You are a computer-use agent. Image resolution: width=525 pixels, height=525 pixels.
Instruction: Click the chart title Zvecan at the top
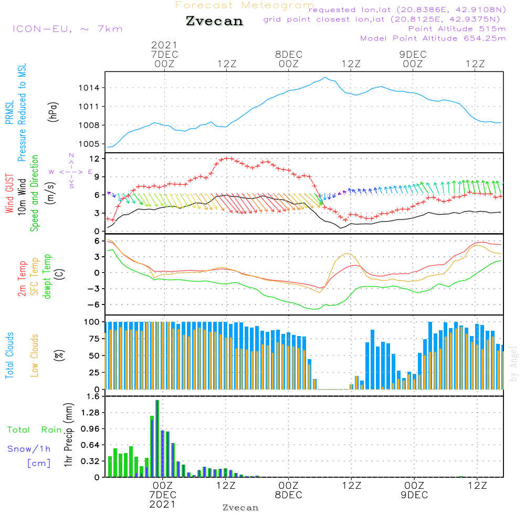tap(214, 21)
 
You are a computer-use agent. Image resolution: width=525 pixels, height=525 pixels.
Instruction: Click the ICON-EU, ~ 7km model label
tap(67, 29)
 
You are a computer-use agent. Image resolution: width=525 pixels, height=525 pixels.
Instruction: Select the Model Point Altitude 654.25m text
tap(433, 38)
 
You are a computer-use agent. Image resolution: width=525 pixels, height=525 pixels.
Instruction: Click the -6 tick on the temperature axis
tap(97, 304)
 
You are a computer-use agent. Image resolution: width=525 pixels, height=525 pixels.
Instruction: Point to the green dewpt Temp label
tap(47, 277)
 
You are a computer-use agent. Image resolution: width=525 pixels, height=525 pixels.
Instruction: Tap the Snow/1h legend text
tap(29, 449)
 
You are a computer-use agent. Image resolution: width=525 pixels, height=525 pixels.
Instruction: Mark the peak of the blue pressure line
tap(325, 78)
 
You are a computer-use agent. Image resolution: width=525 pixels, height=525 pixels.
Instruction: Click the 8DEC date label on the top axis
tap(288, 54)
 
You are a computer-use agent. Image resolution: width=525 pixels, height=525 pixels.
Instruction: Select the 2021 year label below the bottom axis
tap(162, 504)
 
